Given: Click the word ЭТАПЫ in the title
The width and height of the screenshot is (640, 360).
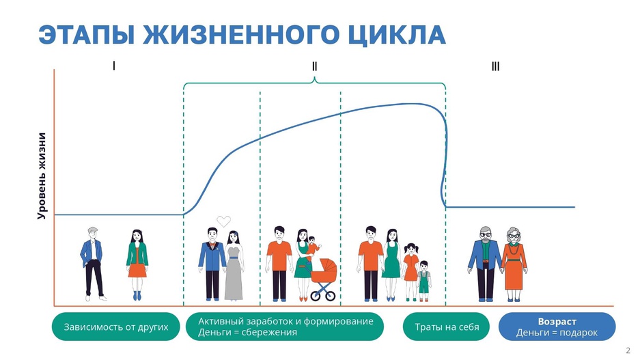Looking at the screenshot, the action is (87, 35).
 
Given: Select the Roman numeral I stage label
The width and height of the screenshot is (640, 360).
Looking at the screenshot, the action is (114, 66).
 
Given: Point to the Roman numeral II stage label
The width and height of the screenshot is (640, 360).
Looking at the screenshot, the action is (314, 66).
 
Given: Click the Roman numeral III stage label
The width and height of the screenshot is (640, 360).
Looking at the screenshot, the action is (495, 66).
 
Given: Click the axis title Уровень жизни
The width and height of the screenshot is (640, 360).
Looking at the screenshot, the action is (42, 176).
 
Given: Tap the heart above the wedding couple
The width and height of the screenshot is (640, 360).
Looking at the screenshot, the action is (223, 221).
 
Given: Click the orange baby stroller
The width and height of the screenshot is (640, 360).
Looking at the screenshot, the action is (324, 279).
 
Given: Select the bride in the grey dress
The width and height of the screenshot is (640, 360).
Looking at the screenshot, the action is (234, 265).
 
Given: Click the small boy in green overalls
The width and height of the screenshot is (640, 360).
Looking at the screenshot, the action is (424, 281).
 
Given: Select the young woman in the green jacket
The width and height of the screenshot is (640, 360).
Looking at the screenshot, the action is (137, 265).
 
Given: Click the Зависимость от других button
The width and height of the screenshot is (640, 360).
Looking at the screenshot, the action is (116, 327).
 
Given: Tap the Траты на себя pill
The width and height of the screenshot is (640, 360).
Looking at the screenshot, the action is (447, 327).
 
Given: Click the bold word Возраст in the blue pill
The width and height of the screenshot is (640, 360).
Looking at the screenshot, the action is (557, 322).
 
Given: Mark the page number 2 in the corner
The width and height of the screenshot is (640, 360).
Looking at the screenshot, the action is (628, 350).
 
